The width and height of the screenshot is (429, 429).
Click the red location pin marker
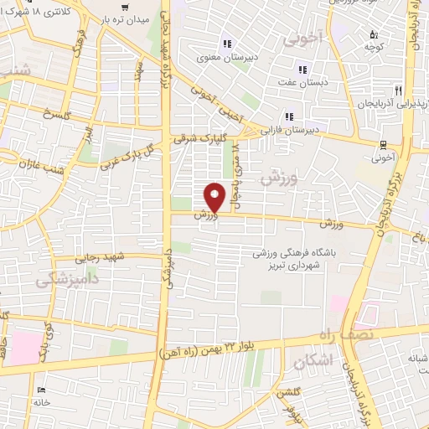click(x=217, y=198)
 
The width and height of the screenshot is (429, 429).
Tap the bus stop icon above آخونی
click(x=382, y=143)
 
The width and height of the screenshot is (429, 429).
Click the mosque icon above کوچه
click(x=374, y=34)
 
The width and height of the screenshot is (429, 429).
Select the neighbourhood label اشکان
click(x=314, y=359)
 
